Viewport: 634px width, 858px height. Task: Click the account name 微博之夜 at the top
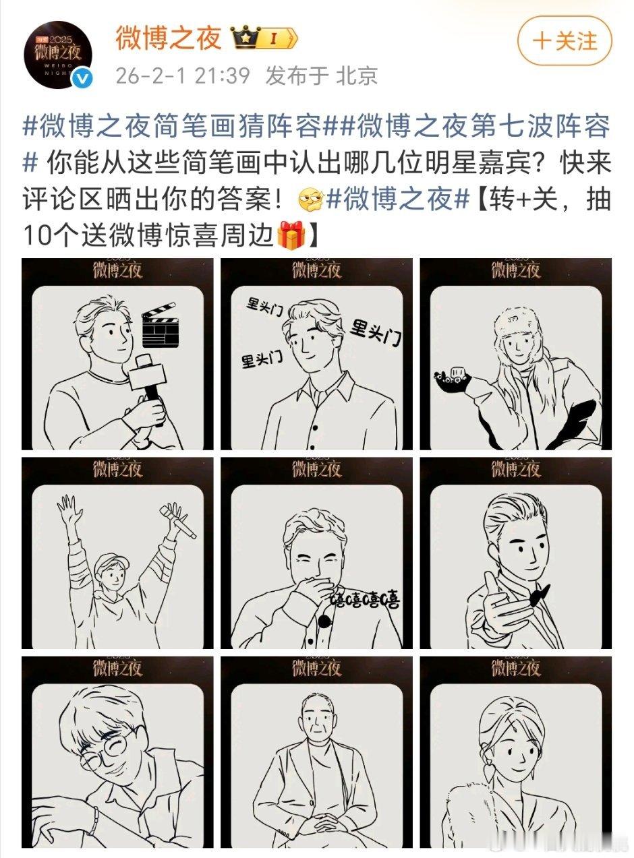point(168,39)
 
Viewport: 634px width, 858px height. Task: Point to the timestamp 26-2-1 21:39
point(182,76)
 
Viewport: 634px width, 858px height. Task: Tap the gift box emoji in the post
point(292,236)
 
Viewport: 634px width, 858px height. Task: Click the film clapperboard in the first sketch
point(159,324)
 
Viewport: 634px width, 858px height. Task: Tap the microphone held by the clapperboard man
point(148,377)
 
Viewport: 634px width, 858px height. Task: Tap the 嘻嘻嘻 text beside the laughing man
point(365,598)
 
